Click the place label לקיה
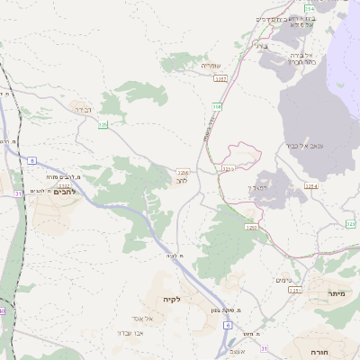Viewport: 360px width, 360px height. (x=172, y=299)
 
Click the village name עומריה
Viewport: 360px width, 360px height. (x=210, y=66)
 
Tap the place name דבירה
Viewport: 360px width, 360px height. (x=82, y=110)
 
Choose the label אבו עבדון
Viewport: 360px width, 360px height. (x=130, y=332)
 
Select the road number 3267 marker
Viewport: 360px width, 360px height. (x=220, y=80)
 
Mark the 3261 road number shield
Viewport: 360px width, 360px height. (x=294, y=291)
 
